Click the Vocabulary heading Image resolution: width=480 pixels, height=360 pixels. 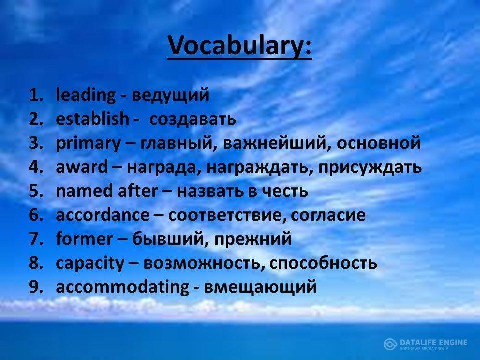240,46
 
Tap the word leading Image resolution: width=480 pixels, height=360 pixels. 86,95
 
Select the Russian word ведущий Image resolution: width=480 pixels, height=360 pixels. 171,96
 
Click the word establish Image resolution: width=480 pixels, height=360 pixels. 93,119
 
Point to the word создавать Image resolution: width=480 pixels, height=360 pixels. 193,119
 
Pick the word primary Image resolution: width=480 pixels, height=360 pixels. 88,144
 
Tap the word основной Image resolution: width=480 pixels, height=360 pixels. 378,143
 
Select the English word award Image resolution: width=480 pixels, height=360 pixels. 82,167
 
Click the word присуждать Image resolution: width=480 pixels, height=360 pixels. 370,168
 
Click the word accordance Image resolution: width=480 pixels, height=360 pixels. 103,215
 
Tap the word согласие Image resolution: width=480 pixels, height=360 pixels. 328,215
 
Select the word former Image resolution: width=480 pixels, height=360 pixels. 84,239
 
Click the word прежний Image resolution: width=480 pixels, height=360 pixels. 253,239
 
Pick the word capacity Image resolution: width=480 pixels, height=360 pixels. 90,263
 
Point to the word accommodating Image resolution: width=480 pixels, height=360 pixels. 123,288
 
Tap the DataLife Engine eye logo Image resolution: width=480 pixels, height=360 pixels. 390,344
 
